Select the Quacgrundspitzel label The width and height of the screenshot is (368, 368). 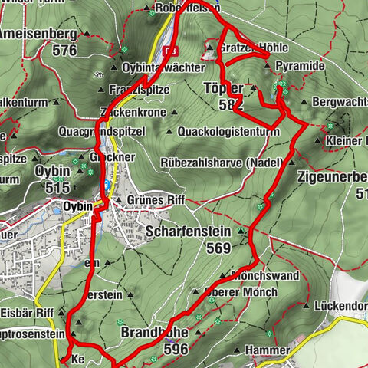[101, 131]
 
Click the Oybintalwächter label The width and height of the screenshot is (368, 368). [153, 66]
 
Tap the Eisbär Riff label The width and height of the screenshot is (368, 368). [26, 312]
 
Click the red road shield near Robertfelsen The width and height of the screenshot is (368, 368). [171, 51]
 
